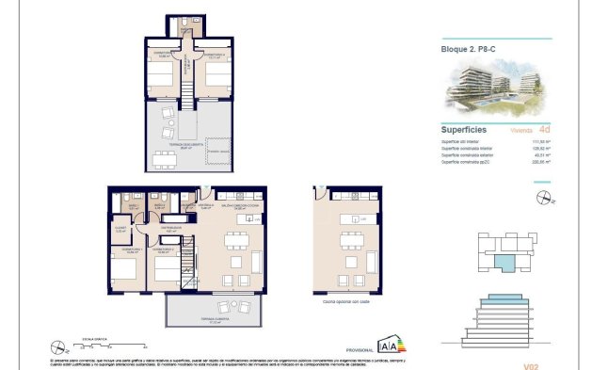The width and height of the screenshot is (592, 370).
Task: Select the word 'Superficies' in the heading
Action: coord(463,130)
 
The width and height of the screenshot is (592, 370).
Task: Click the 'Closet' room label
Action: coord(120,229)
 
